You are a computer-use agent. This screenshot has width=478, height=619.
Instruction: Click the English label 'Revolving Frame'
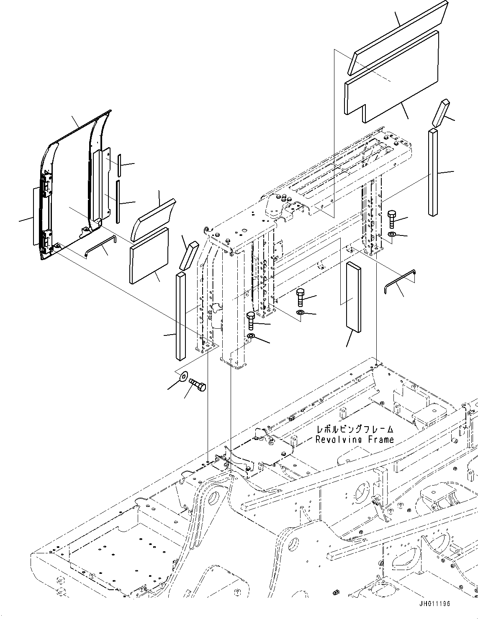[355, 440]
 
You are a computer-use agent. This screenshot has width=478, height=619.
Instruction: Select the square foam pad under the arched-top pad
[149, 255]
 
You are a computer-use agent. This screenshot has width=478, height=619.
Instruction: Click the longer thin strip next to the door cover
[118, 201]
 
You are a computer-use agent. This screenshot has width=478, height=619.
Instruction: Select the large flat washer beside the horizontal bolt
[183, 377]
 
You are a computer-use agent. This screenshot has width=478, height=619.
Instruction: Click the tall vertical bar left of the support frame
[180, 315]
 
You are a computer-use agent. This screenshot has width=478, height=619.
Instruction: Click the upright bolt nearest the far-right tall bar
[392, 219]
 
